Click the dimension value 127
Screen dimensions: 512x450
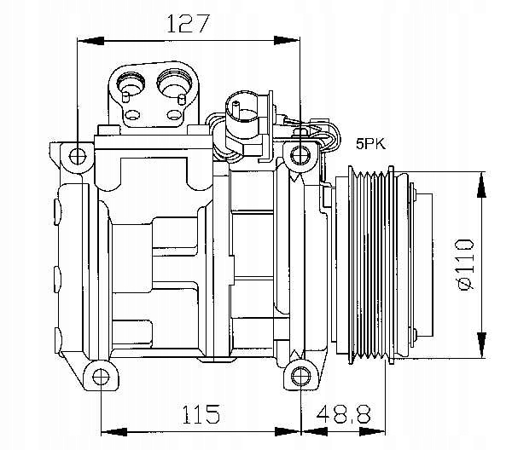tap(187, 23)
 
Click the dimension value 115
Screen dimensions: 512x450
tap(201, 414)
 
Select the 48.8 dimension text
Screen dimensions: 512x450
tap(344, 414)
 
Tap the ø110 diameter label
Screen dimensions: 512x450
tap(466, 264)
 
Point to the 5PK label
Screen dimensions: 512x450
tap(370, 143)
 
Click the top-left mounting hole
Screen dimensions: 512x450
tap(78, 156)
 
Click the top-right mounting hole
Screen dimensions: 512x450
tap(300, 155)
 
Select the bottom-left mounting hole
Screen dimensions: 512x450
tap(101, 377)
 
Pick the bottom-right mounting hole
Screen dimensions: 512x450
tap(300, 377)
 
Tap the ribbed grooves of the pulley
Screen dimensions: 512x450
tap(370, 265)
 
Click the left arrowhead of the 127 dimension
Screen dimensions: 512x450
tap(90, 41)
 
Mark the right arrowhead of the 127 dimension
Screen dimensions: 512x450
tap(287, 41)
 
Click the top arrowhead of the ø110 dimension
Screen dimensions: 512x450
tap(481, 185)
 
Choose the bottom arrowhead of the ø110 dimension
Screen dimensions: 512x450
tap(481, 345)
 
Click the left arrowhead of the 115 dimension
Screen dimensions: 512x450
tap(114, 432)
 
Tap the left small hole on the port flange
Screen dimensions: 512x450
tap(133, 115)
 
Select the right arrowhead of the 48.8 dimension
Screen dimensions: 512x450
tap(373, 432)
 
